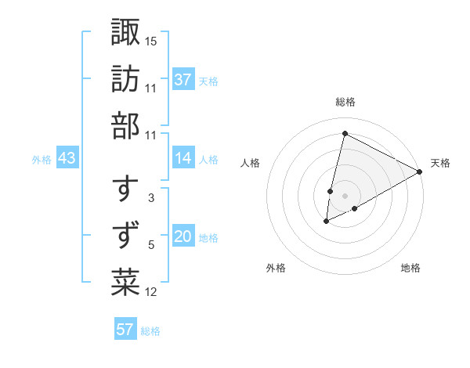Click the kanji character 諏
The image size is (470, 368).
(125, 33)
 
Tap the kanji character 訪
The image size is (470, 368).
(125, 79)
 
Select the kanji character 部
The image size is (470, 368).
(125, 125)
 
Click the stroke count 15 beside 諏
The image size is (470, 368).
(151, 41)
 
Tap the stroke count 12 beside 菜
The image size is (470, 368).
(151, 292)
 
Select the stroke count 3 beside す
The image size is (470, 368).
(151, 199)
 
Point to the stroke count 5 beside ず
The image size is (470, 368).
(151, 246)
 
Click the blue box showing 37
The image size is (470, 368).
(183, 79)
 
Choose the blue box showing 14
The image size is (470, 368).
(183, 158)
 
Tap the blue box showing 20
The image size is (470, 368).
(183, 236)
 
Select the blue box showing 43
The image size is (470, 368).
(67, 158)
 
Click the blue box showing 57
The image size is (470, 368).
(125, 329)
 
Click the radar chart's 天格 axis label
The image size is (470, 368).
(440, 163)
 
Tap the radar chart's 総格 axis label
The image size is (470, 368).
(345, 102)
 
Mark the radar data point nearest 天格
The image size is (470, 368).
(420, 171)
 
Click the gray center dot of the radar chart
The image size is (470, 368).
(345, 196)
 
